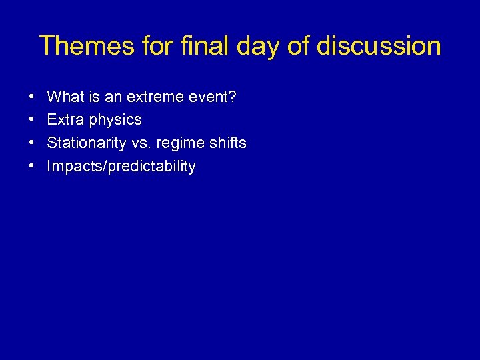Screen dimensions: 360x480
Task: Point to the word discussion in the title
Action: point(379,46)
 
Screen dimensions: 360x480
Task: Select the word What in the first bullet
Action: point(63,97)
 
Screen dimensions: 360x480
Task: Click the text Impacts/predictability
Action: point(121,167)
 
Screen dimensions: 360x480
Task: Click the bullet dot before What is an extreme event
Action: point(33,97)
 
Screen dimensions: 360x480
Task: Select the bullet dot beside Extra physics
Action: point(33,121)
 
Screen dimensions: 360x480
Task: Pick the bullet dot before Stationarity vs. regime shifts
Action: point(33,143)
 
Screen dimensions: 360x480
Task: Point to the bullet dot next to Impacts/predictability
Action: point(33,167)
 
